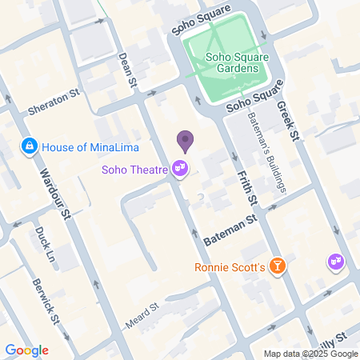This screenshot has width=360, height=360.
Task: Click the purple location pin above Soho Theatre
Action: [186, 141]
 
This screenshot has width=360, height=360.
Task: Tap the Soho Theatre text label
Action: [134, 169]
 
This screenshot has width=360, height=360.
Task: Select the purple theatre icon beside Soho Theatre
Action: [181, 168]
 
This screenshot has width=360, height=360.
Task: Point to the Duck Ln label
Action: [42, 238]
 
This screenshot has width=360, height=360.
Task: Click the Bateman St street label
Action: [230, 228]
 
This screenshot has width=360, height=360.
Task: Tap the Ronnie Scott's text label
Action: [229, 266]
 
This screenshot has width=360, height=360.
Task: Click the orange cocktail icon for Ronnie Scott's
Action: [277, 266]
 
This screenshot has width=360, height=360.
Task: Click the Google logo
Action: [26, 350]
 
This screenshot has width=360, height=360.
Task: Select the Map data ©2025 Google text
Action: [310, 354]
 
